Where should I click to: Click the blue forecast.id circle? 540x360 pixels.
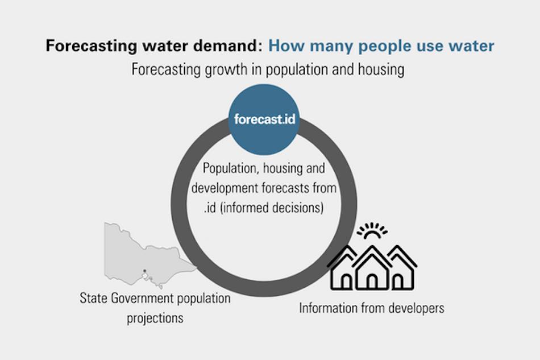264,119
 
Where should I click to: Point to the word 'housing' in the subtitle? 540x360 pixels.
381,70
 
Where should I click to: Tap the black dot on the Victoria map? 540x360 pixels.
144,271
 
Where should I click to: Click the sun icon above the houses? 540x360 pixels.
372,231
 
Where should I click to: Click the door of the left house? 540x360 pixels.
346,282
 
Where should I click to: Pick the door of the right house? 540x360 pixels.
398,282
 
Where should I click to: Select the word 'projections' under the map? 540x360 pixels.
155,318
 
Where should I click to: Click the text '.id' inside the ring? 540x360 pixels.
210,208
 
